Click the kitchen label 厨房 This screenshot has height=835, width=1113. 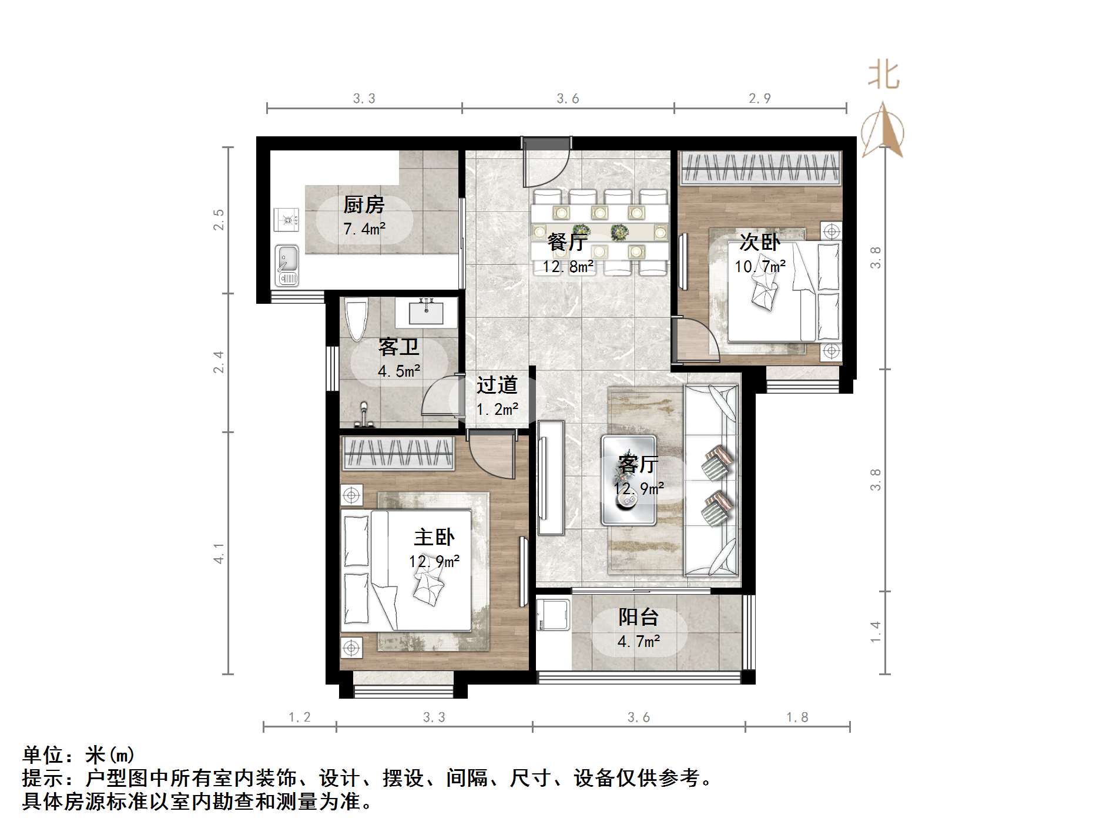(364, 204)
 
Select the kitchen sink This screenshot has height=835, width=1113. (287, 264)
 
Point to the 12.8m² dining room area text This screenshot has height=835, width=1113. (568, 267)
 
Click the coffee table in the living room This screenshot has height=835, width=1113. (628, 480)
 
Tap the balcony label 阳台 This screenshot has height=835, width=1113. (638, 616)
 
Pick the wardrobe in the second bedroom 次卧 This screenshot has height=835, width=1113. (760, 167)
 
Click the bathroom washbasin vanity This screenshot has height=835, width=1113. (426, 312)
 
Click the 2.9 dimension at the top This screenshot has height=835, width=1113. (759, 99)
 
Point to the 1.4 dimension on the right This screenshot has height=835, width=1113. (876, 632)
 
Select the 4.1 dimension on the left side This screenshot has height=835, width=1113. (219, 554)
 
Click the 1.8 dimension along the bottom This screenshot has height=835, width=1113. (797, 717)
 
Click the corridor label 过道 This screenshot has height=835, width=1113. (497, 385)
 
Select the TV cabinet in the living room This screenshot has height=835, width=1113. (551, 477)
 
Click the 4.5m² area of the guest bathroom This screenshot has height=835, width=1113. (399, 371)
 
